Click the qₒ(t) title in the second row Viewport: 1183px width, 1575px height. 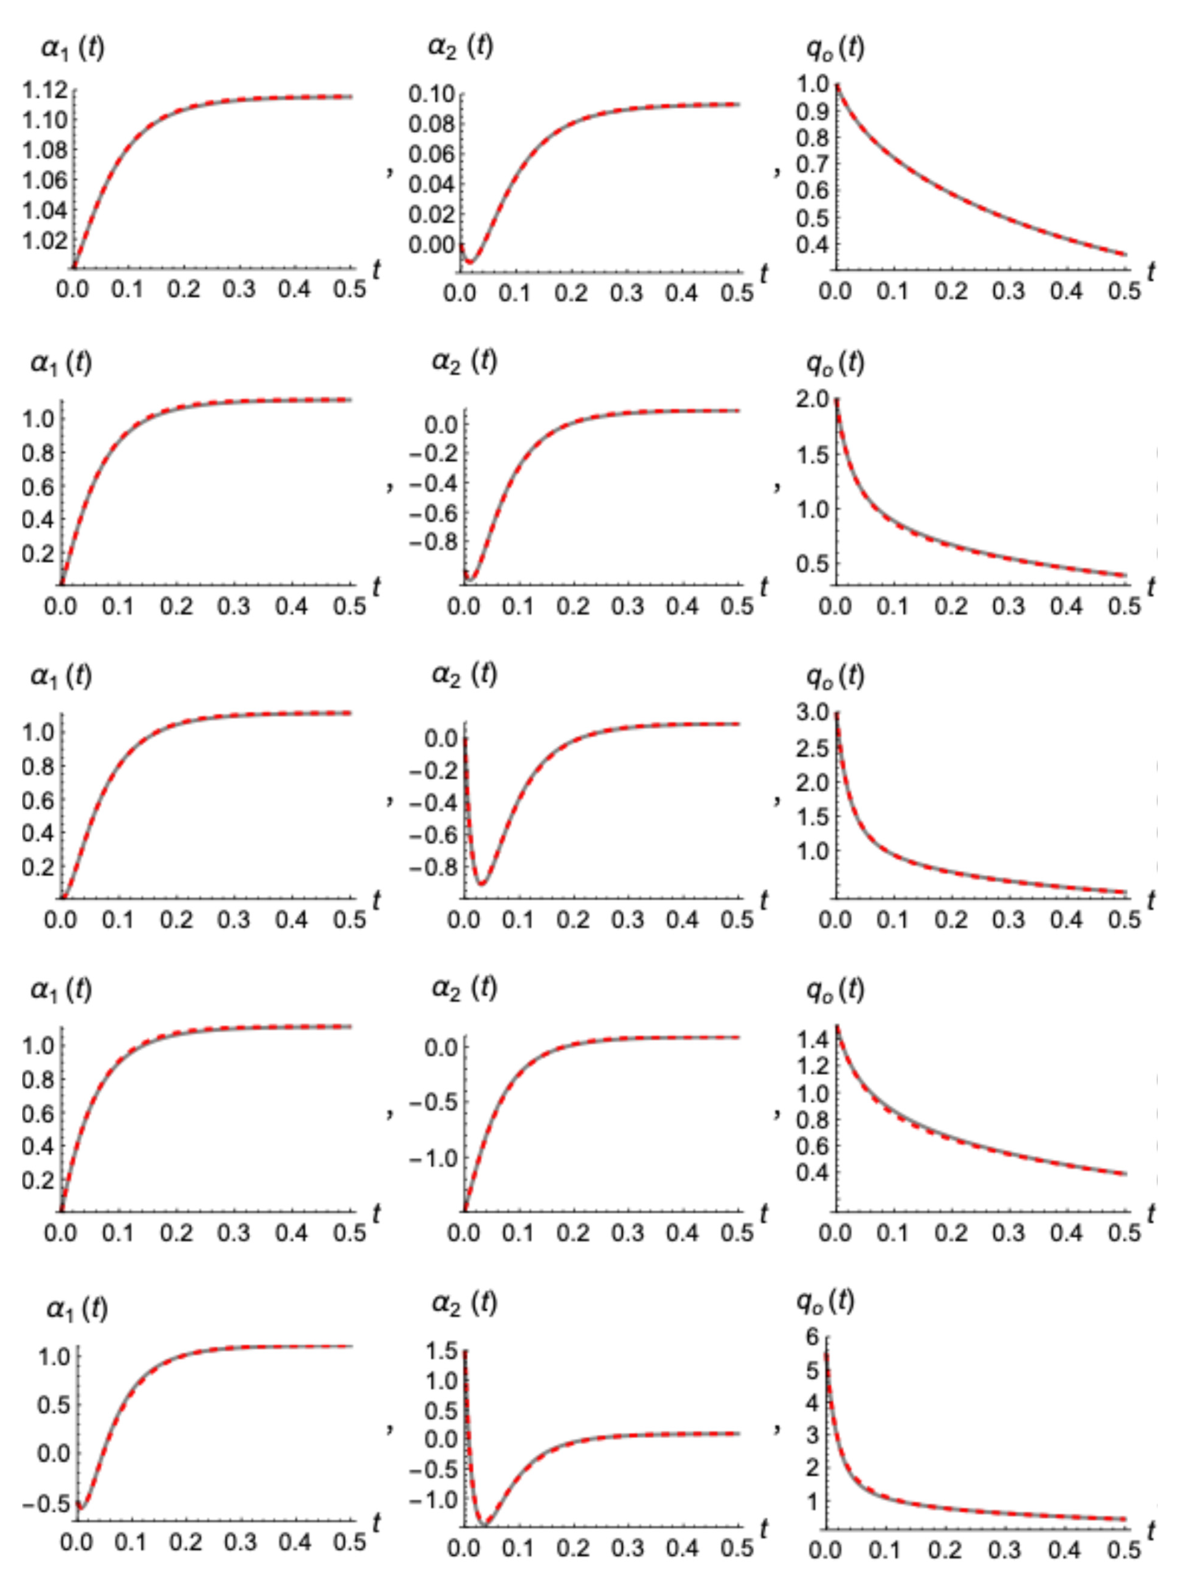pyautogui.click(x=835, y=363)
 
